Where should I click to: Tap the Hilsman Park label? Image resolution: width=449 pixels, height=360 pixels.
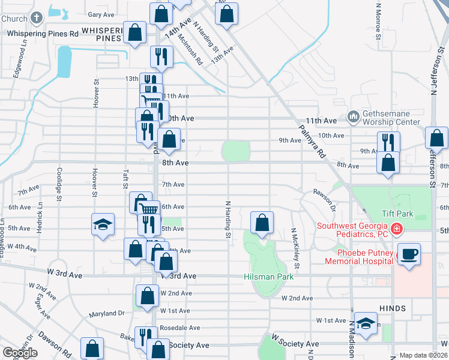click(268, 277)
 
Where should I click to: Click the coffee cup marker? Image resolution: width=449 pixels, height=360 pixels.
click(409, 254)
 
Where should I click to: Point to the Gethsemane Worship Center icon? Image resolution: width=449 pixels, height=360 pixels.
click(353, 116)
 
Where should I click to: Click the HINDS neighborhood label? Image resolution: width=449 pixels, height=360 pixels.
click(393, 308)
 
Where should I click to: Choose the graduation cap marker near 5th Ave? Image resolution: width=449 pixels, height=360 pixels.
click(103, 225)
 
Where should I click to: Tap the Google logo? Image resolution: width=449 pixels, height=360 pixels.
click(20, 353)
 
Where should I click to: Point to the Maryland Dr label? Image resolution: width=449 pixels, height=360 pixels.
click(106, 313)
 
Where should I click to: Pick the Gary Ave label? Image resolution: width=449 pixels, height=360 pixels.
click(101, 14)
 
